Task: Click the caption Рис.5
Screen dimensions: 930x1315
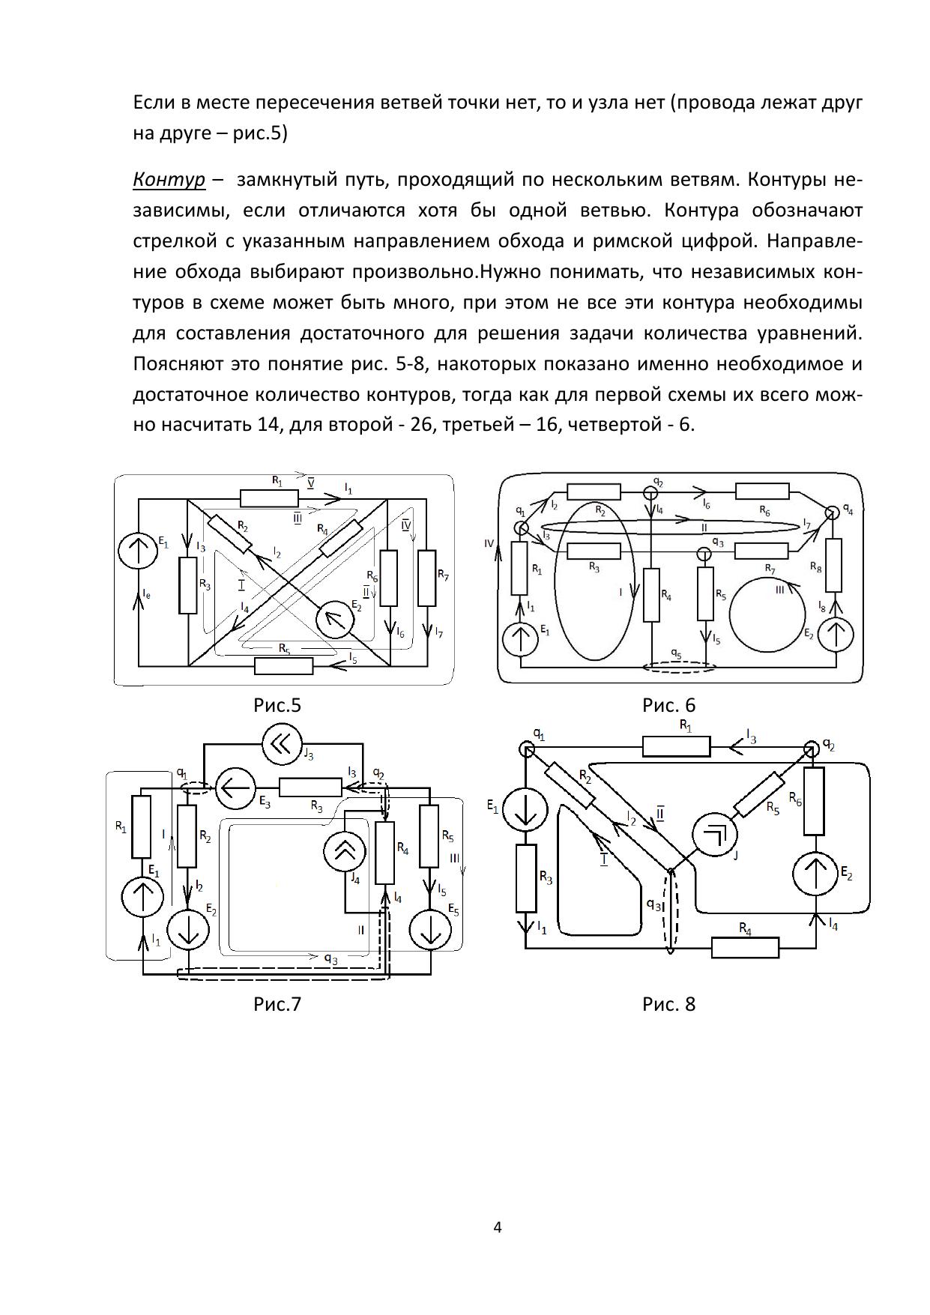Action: [x=277, y=706]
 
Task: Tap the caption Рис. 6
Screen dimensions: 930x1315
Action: [x=668, y=706]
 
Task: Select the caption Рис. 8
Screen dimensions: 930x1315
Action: [x=668, y=1004]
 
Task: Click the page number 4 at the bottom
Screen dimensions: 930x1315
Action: [x=498, y=1227]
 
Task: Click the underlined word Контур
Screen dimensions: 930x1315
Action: [x=169, y=181]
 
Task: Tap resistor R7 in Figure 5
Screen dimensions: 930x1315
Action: [x=426, y=578]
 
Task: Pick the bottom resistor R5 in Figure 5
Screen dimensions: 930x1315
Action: [x=283, y=665]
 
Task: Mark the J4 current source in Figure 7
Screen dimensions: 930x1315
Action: [x=345, y=851]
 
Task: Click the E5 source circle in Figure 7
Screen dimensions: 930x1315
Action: [x=431, y=931]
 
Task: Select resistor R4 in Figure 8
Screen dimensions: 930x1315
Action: [x=745, y=948]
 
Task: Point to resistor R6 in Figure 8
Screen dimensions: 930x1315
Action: [x=815, y=801]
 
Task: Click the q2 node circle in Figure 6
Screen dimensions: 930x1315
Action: [x=650, y=494]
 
